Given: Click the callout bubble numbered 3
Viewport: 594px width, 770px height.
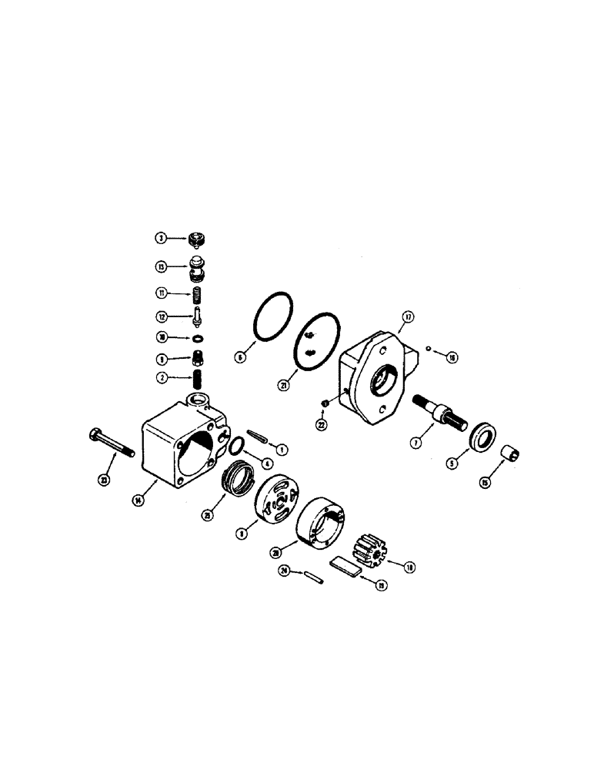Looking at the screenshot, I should coord(162,239).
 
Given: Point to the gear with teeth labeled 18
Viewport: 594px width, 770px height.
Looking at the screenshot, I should coord(370,549).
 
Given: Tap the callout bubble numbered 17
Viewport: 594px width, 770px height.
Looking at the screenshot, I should coord(407,316).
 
